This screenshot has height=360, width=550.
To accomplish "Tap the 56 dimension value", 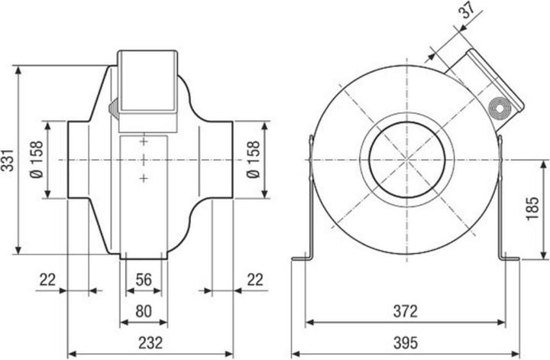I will point(142,281).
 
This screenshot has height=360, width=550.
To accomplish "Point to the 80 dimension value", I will point(141,311).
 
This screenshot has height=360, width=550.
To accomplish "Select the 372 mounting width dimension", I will point(406,311).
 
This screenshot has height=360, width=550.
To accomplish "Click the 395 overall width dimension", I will point(406,345).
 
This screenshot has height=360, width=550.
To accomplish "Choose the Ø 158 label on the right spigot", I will point(254,160).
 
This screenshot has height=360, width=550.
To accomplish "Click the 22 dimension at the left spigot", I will point(47,281).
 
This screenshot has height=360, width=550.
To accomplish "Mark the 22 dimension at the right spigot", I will point(254,281).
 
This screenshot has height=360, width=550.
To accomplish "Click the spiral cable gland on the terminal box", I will point(500,109).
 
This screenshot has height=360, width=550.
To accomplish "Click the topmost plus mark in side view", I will point(144,141).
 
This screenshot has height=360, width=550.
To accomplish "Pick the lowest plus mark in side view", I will point(144,178).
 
